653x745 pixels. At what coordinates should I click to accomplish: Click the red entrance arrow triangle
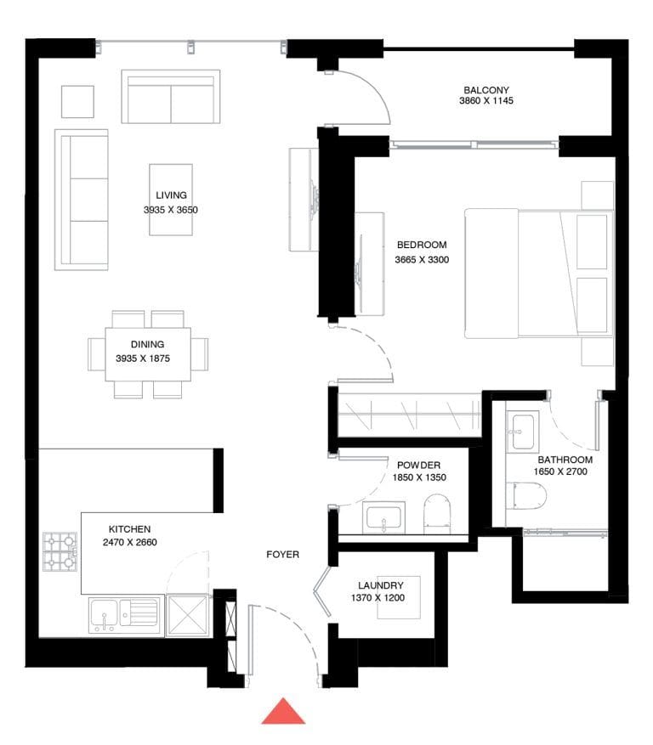[283, 712]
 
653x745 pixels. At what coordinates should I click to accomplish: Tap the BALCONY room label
[486, 90]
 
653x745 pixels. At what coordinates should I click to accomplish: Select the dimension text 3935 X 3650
[171, 209]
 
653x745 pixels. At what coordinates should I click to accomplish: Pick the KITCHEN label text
[130, 528]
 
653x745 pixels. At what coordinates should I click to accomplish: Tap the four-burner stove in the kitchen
[60, 551]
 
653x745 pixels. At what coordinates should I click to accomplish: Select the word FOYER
[282, 555]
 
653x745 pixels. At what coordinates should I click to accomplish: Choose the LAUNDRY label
[380, 585]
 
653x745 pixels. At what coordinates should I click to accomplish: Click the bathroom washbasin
[522, 431]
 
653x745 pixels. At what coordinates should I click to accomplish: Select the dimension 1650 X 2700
[563, 471]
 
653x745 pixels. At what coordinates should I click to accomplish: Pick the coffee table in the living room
[171, 199]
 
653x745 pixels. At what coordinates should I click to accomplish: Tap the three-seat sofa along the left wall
[82, 200]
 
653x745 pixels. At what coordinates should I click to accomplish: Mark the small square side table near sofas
[77, 102]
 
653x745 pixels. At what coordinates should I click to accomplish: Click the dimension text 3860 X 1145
[486, 101]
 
